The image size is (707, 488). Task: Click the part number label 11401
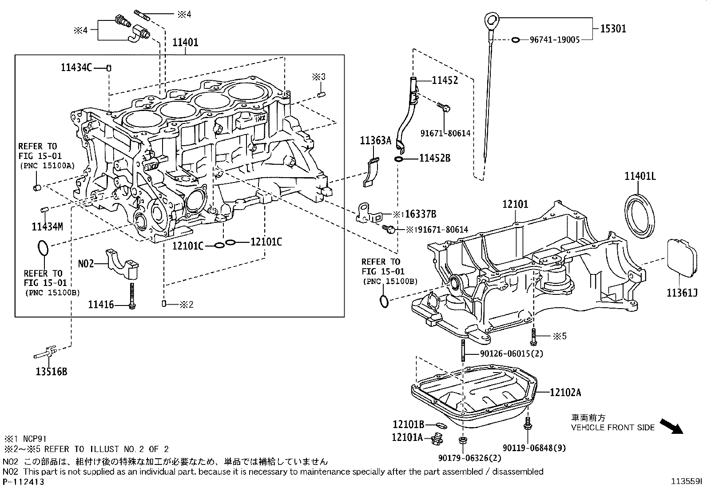click(185, 43)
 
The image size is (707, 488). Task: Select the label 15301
click(613, 29)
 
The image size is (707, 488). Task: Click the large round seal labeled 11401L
click(640, 212)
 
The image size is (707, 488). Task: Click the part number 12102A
click(565, 393)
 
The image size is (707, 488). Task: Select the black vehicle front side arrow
click(671, 426)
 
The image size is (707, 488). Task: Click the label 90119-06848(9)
click(535, 448)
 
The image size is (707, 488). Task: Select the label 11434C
click(76, 67)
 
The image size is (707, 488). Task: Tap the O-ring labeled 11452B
click(398, 159)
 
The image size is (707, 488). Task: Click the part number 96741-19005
click(555, 40)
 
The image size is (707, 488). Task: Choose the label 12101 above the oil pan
click(515, 204)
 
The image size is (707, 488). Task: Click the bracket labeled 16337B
click(368, 213)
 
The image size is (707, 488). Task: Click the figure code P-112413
click(23, 481)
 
